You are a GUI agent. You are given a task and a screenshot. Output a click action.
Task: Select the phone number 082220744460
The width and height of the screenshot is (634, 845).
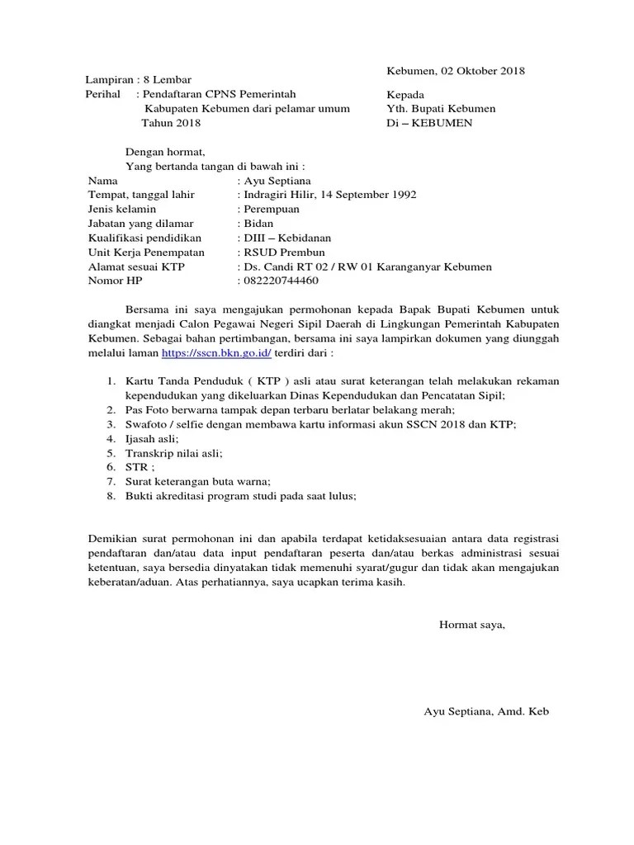tap(279, 281)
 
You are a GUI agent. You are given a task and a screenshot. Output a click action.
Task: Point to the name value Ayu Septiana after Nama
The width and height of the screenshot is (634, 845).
tap(277, 181)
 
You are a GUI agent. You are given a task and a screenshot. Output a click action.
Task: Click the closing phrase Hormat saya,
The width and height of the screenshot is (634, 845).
tap(471, 625)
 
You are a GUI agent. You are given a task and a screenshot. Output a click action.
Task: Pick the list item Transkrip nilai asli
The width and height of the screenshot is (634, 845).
tap(174, 453)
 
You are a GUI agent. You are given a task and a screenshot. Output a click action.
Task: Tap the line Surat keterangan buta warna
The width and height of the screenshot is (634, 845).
tap(198, 481)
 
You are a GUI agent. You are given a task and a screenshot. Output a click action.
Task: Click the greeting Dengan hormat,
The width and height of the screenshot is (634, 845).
tap(164, 152)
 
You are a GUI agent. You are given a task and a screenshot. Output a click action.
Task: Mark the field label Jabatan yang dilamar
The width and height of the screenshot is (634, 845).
tap(141, 224)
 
